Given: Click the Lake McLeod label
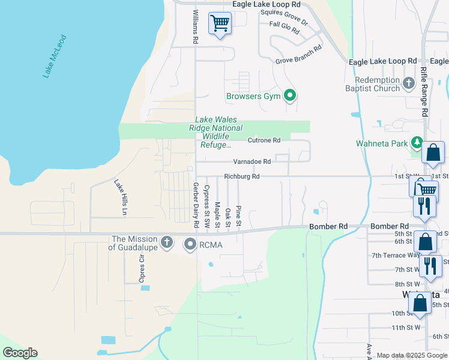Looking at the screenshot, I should [55, 56].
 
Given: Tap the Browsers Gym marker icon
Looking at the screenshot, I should [291, 96].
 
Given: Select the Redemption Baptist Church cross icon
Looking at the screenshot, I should [409, 83].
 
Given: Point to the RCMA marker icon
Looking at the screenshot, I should [191, 244].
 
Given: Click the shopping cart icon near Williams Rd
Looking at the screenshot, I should [220, 23].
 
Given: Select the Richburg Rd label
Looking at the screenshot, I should [242, 176].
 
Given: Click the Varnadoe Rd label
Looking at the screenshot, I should [252, 161].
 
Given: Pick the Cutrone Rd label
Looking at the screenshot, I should [264, 140].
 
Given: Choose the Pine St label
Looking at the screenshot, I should [238, 216].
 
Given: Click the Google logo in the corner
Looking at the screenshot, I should [20, 353].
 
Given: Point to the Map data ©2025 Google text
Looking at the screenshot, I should [412, 355].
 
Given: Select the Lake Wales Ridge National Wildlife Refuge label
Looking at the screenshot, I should [216, 132].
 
